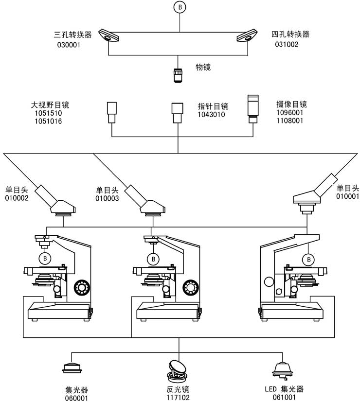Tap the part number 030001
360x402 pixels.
pos(68,45)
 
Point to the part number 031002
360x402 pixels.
pos(287,44)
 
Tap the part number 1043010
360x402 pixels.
pos(211,115)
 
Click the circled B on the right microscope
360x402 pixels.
pos(308,259)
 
